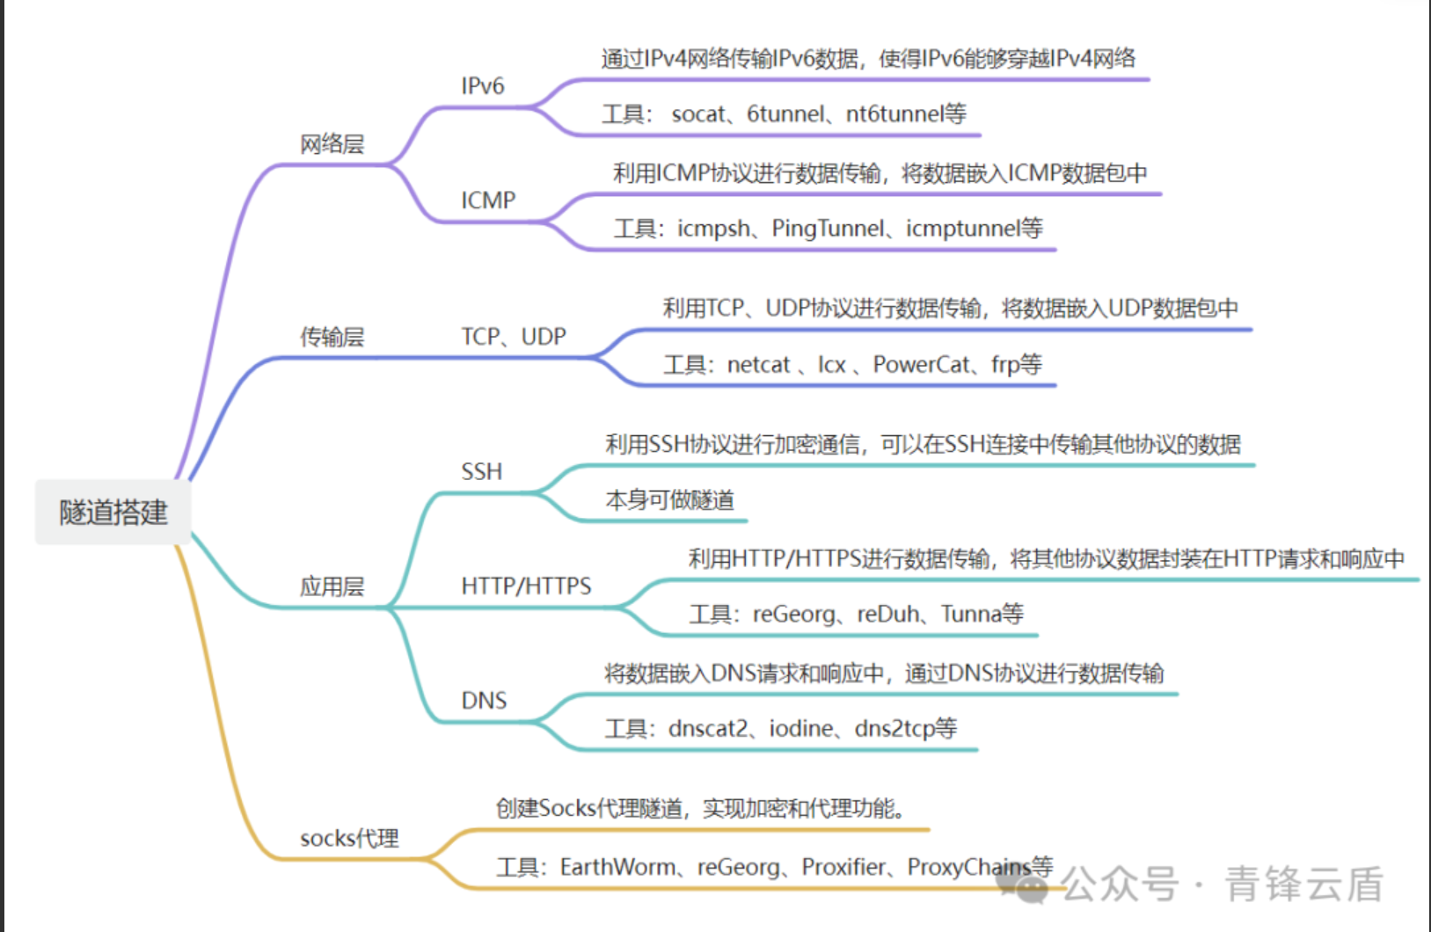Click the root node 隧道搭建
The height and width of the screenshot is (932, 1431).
[113, 512]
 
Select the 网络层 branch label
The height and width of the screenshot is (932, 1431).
[332, 144]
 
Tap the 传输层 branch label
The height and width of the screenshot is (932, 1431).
[332, 337]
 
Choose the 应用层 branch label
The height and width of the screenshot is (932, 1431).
[332, 586]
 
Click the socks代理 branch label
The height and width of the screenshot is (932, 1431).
[349, 838]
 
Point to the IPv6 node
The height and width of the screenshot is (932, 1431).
[483, 86]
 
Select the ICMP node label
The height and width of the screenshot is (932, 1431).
[488, 200]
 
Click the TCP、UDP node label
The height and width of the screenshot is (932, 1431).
[514, 337]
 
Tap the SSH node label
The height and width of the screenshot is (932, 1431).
[482, 472]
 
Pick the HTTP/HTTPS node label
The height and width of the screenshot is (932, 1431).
[526, 586]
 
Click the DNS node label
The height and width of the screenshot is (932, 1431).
[484, 701]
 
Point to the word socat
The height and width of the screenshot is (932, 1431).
[698, 114]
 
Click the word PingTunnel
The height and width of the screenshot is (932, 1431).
[828, 229]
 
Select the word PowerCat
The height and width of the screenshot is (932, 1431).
[921, 365]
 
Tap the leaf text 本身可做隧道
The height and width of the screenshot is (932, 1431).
[669, 500]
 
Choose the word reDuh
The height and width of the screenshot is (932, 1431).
[887, 614]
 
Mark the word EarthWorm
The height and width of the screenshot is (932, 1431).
[617, 868]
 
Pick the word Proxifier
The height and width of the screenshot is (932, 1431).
[843, 868]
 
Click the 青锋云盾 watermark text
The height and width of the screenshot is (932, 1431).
[1303, 885]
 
